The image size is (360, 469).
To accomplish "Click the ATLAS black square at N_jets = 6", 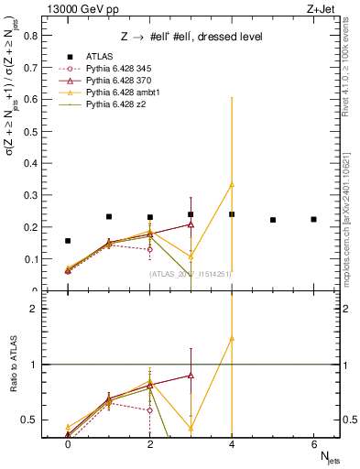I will click(x=313, y=219).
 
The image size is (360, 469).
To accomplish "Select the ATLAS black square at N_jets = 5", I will click(x=273, y=220).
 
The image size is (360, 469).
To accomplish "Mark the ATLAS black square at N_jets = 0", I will click(x=68, y=241).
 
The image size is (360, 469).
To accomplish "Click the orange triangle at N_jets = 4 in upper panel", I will click(x=232, y=184).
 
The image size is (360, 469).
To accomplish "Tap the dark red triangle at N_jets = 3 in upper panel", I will click(x=191, y=224).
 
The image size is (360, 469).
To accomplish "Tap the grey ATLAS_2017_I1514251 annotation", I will click(x=191, y=274).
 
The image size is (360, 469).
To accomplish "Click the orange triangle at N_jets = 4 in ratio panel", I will click(x=232, y=338).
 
